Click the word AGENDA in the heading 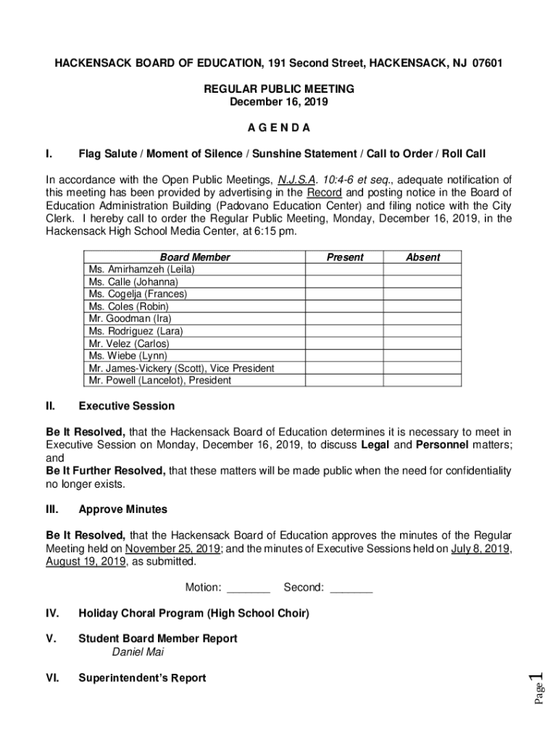tap(279, 128)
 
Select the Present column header tap(344, 257)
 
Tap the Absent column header tap(422, 257)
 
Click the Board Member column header tap(195, 257)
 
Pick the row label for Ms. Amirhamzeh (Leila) tap(141, 270)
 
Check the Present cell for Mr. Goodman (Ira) tap(344, 319)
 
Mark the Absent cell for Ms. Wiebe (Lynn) tap(422, 356)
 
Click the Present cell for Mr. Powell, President tap(344, 380)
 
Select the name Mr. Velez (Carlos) tap(128, 343)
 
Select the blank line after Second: tap(351, 588)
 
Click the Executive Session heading tap(126, 407)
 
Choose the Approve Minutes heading tap(122, 509)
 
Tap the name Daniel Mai tap(138, 652)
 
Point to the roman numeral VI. tap(52, 678)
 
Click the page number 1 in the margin tap(537, 682)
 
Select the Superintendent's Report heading tap(142, 678)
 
